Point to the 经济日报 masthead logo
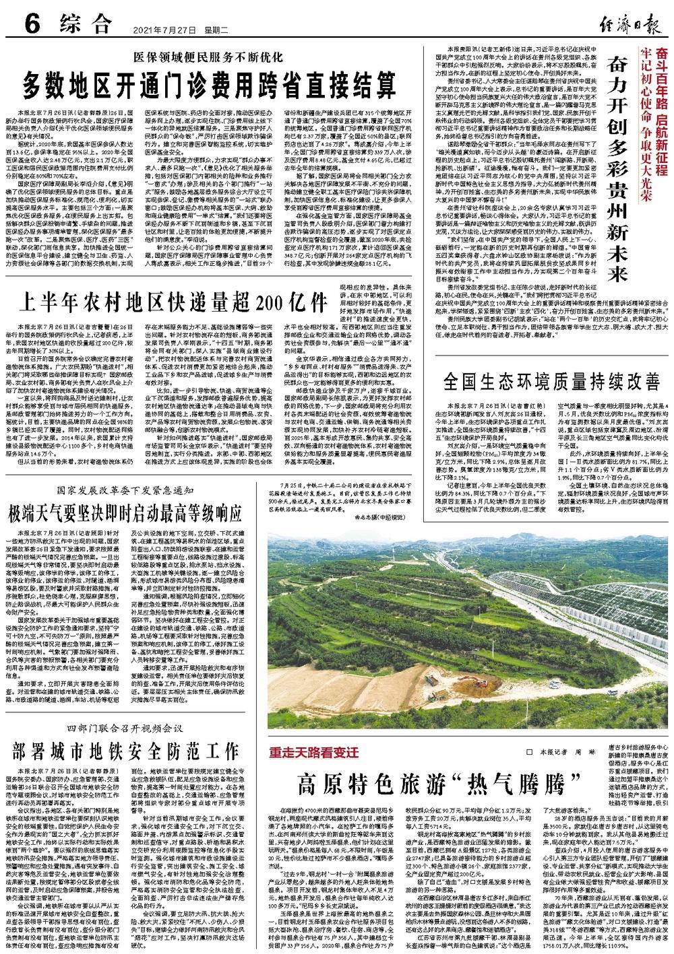tap(624, 24)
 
